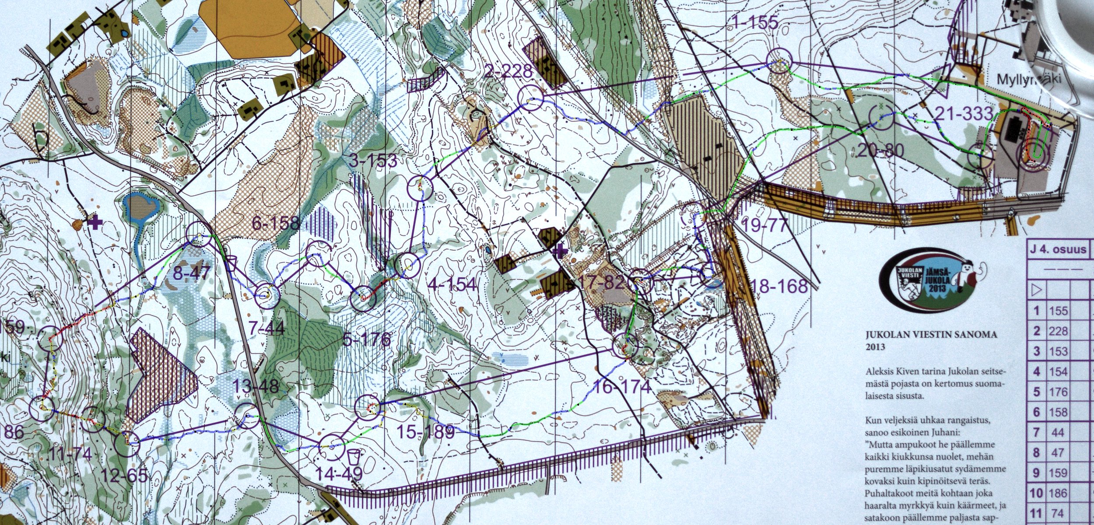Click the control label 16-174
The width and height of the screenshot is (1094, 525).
pos(621,387)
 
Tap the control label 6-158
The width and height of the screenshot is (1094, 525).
pos(276,224)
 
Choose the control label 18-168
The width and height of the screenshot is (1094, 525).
pos(779,287)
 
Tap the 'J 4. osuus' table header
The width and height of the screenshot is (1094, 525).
pos(1057,249)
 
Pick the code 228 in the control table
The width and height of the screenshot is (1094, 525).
pos(1058,331)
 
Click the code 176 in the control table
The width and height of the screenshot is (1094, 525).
pos(1058,392)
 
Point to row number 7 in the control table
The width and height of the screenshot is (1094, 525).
pos(1036,432)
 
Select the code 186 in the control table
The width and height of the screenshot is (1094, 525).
pos(1058,493)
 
